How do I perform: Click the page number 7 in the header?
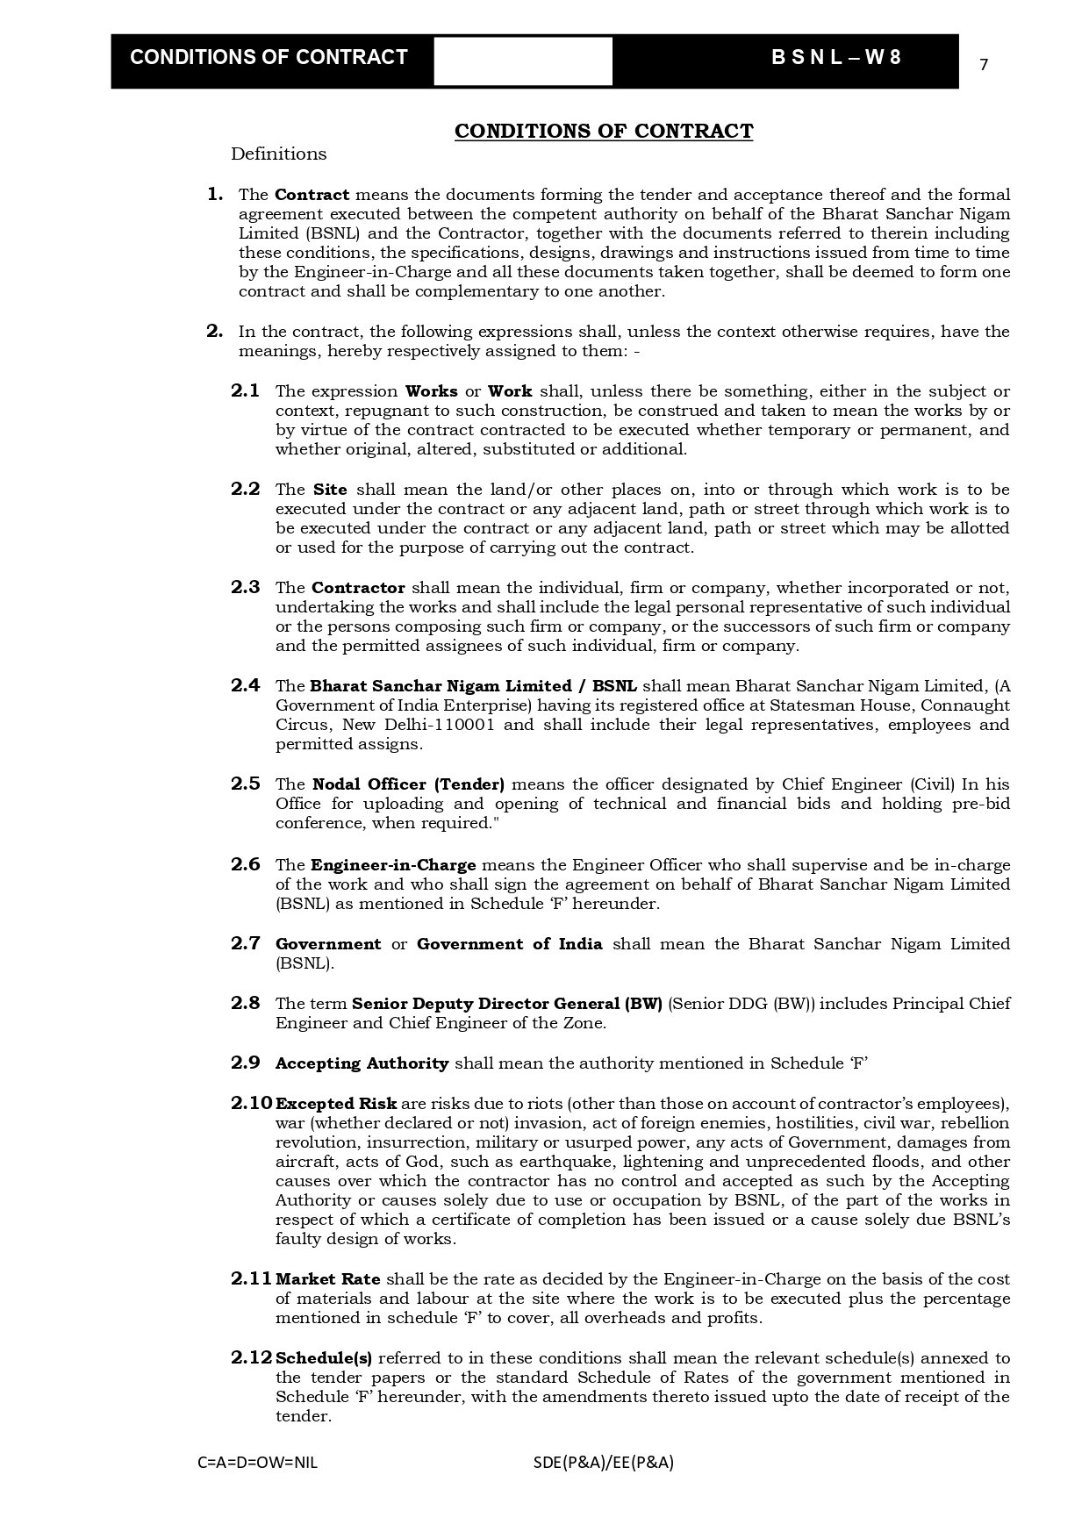[x=984, y=65]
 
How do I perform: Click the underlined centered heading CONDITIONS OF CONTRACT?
[x=603, y=132]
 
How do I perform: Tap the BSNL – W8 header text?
[x=835, y=58]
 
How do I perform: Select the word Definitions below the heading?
[x=278, y=154]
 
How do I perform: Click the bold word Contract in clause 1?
[x=312, y=195]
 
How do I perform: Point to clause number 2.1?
[x=246, y=391]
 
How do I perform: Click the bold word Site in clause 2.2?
[x=330, y=490]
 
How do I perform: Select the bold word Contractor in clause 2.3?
[x=358, y=588]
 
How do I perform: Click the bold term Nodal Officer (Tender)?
[x=408, y=784]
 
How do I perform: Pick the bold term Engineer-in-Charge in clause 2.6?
[x=393, y=865]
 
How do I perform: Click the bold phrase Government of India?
[x=509, y=944]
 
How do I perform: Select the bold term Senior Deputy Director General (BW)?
[x=506, y=1004]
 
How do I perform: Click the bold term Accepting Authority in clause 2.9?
[x=362, y=1063]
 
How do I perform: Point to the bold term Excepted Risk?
[x=336, y=1104]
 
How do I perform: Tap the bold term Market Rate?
[x=328, y=1279]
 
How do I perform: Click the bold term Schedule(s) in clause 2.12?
[x=324, y=1358]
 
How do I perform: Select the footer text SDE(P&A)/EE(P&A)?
[x=603, y=1463]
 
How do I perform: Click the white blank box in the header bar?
[x=523, y=61]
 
